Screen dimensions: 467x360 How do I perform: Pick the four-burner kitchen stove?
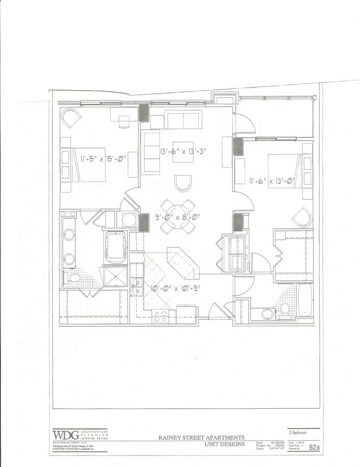tap(161, 316)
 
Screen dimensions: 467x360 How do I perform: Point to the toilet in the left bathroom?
tap(72, 278)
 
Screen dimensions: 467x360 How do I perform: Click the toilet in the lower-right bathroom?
tap(285, 308)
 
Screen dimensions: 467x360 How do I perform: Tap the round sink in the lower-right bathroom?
tap(268, 315)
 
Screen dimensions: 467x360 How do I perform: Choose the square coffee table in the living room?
tap(183, 151)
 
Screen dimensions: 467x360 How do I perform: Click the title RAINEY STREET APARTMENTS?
tap(202, 437)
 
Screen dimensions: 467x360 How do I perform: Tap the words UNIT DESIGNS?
tap(224, 444)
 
